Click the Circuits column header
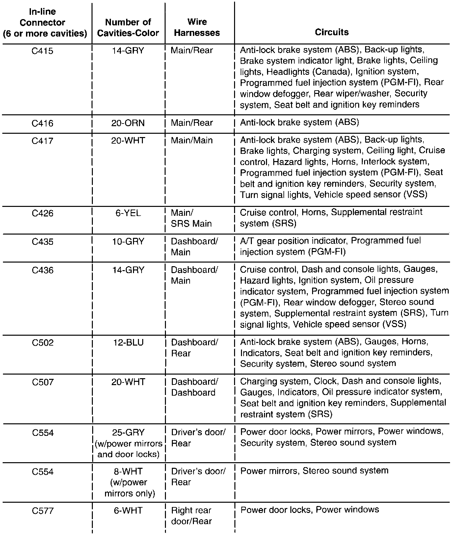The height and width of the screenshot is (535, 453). tap(332, 32)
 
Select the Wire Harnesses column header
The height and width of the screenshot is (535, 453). tap(197, 27)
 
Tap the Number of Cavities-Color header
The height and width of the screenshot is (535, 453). tap(128, 27)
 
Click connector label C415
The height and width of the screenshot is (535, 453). tap(42, 51)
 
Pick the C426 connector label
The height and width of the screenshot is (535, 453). tap(42, 213)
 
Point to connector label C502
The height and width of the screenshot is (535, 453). tap(42, 343)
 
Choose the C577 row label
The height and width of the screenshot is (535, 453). tap(42, 511)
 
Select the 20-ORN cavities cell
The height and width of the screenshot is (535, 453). tap(128, 123)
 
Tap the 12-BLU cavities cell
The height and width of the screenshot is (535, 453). tap(128, 343)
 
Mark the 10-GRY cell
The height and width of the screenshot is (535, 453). tap(128, 241)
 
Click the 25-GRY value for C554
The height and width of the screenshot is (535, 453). tap(128, 433)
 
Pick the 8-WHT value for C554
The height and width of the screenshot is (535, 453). tap(128, 471)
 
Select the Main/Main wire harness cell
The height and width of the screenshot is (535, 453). tap(192, 141)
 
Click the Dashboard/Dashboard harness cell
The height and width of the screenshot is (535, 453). tap(194, 387)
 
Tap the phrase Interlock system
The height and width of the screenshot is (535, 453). tap(395, 162)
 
